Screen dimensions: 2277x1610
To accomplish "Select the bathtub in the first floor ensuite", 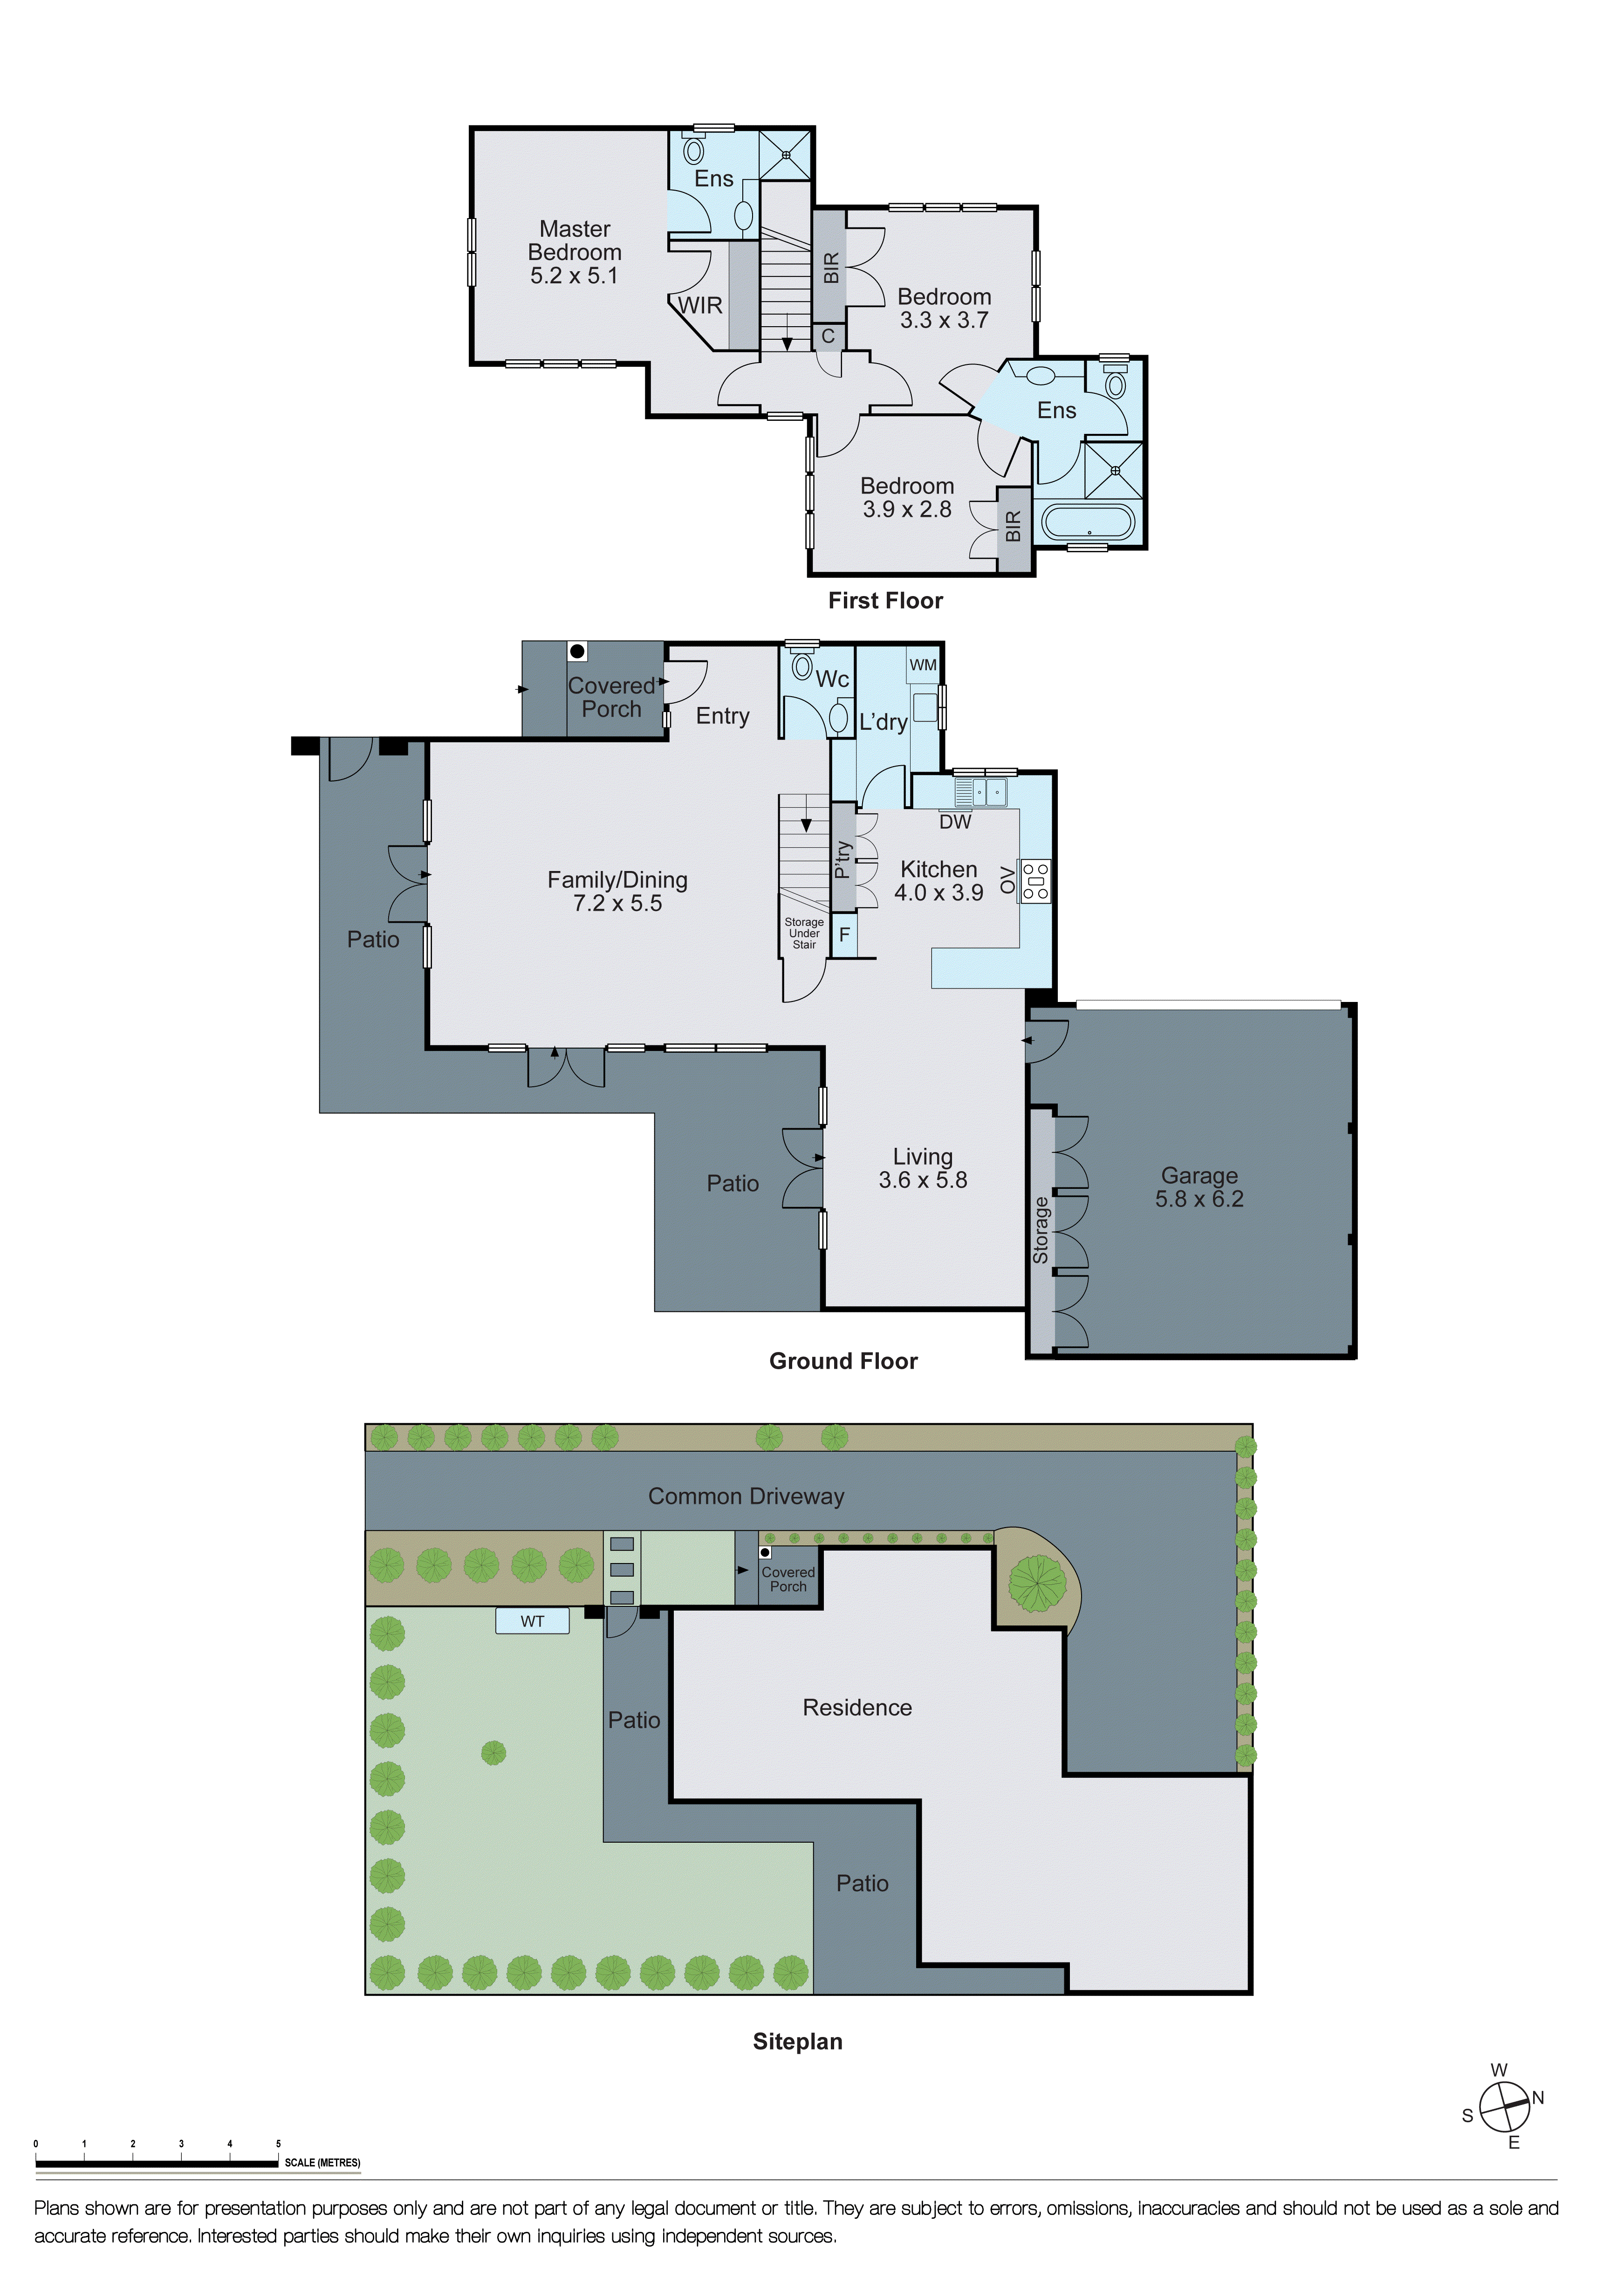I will coord(1088,521).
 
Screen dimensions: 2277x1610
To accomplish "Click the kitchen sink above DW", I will coord(980,791).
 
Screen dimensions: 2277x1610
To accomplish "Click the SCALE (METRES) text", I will coord(322,2163).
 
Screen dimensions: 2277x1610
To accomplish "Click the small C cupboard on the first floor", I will coord(828,336).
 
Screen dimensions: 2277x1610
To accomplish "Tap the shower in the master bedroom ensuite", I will coord(785,155).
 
